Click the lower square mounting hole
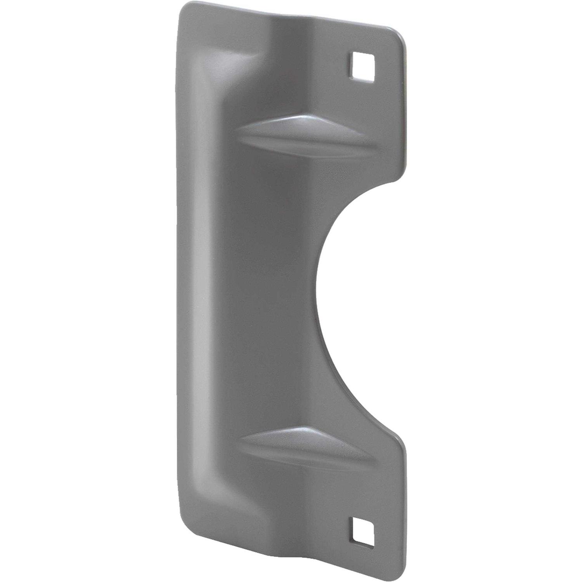(364, 531)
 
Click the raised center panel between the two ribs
(272, 291)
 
